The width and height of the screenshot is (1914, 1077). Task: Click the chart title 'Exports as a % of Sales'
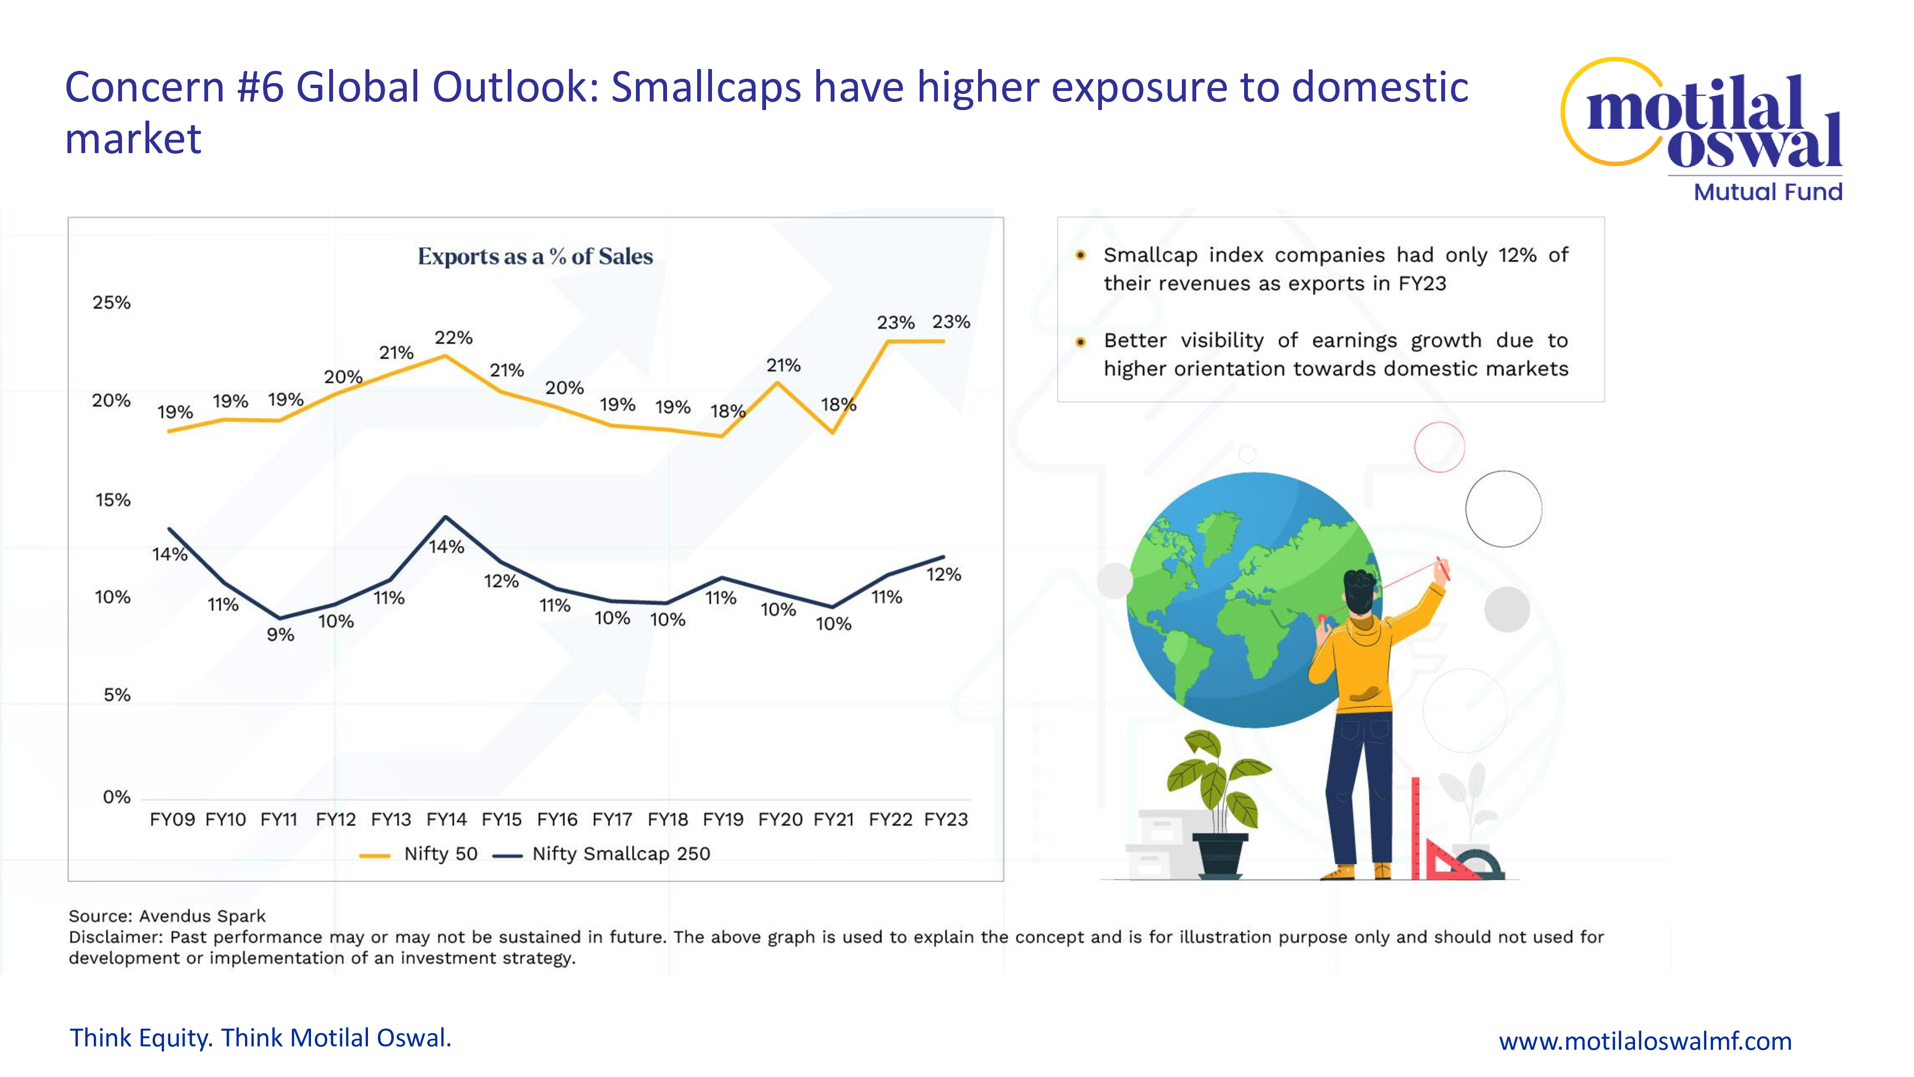[535, 257]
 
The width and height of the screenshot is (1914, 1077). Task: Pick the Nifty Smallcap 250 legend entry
[602, 854]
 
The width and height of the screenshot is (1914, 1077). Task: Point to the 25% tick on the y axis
[111, 303]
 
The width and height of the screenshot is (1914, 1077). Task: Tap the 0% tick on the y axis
[117, 797]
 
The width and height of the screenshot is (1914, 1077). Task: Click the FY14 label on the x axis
[446, 820]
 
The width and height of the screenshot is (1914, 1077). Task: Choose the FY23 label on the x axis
[946, 820]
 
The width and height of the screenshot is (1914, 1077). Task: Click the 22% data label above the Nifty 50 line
[453, 338]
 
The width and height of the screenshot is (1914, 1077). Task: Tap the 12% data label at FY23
[944, 574]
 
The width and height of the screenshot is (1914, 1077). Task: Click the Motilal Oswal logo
[1702, 119]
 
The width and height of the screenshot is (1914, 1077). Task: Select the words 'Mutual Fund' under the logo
[1768, 192]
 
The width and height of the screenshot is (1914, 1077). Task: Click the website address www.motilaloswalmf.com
[1645, 1041]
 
